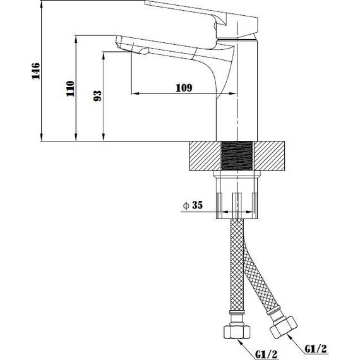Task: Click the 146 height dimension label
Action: coord(36,71)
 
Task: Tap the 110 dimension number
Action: coord(71,88)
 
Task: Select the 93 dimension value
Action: coord(97,96)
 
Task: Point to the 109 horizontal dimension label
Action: coord(184,88)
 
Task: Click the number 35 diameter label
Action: coord(198,205)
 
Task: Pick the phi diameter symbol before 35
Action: coord(186,205)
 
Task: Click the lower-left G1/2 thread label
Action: coord(267,354)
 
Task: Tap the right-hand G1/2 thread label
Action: coord(316,349)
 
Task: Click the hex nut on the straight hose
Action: coord(237,332)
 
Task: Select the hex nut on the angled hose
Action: coord(284,327)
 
